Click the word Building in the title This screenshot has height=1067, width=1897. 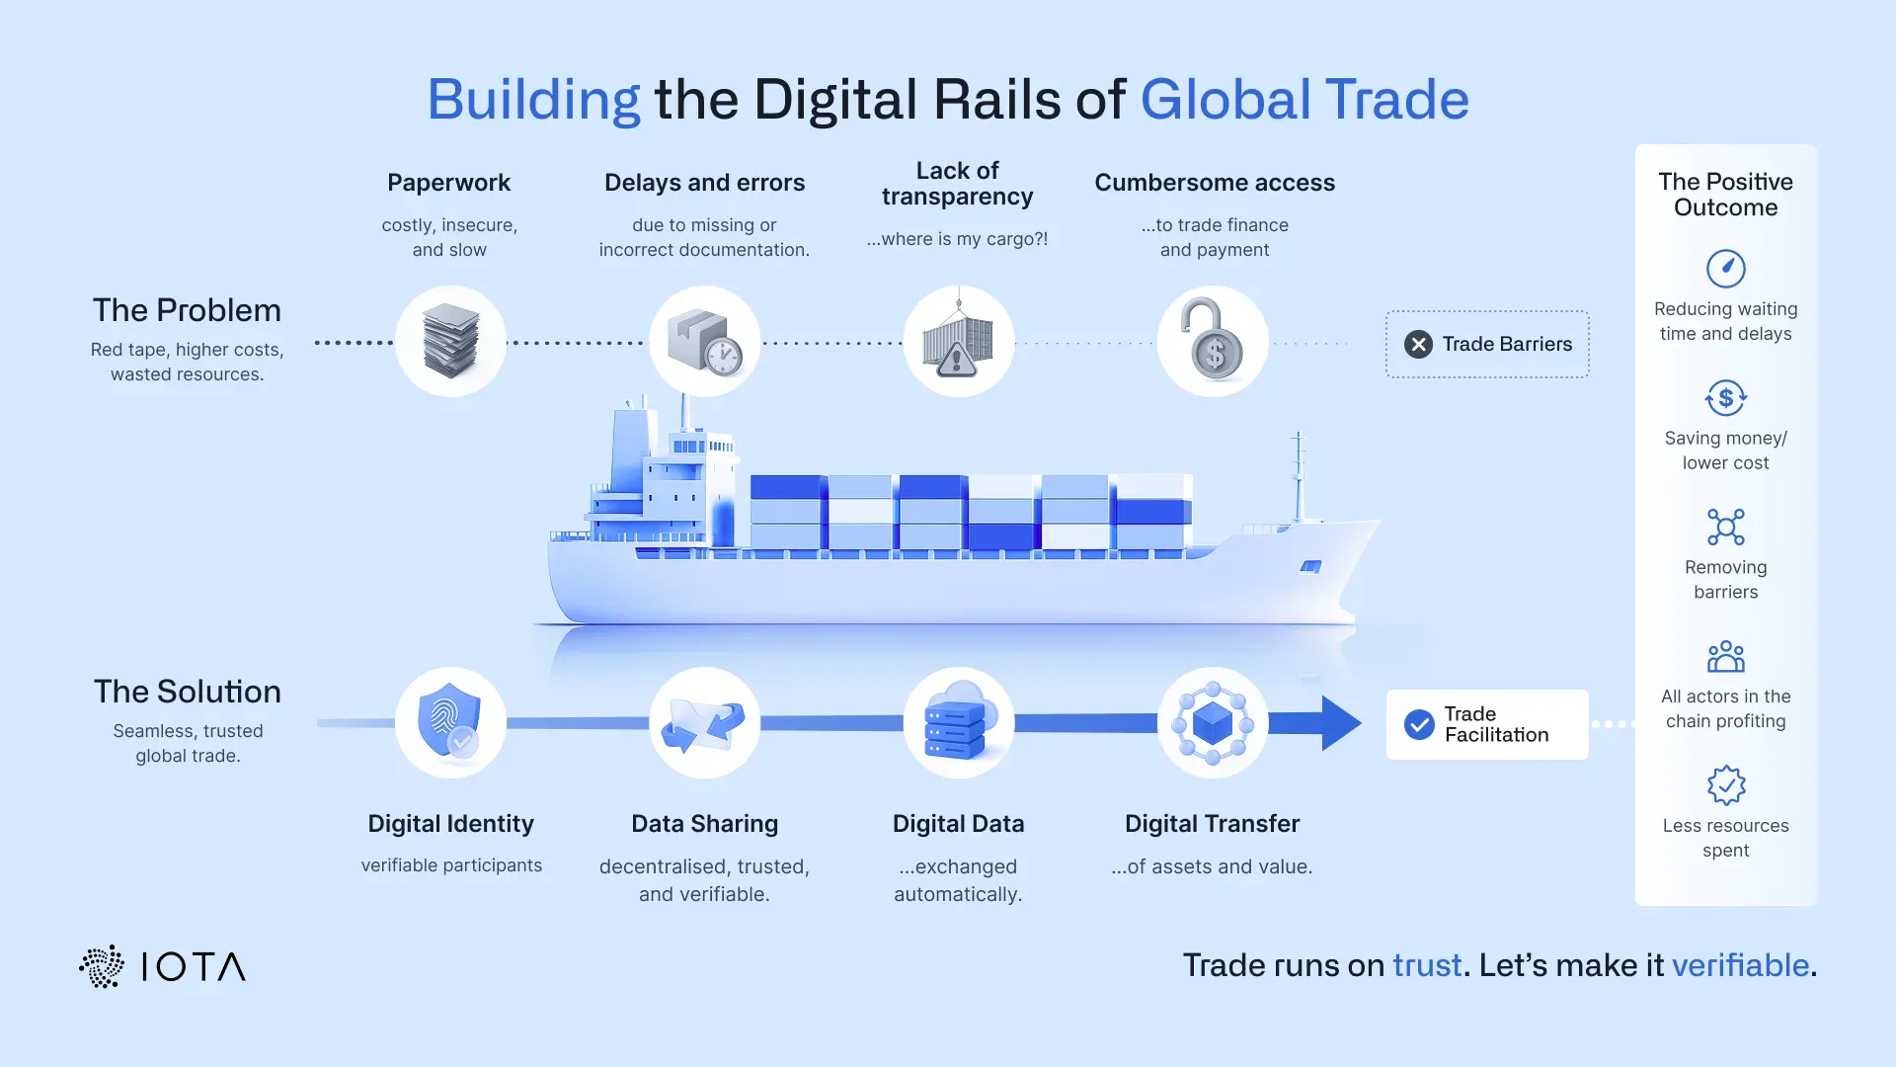[x=533, y=101]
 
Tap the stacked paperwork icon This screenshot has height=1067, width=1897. [x=450, y=341]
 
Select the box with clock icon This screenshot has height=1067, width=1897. [x=705, y=342]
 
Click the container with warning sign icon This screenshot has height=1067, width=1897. [x=958, y=337]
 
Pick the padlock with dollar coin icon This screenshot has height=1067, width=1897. [x=1214, y=340]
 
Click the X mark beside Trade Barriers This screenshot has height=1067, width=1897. [x=1418, y=344]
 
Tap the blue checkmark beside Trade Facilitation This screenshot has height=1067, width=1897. [x=1419, y=724]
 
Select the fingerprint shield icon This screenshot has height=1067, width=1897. [x=450, y=721]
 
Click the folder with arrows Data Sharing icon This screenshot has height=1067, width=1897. [x=703, y=725]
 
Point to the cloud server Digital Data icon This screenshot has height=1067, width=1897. [x=958, y=720]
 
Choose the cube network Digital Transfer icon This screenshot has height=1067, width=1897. [x=1213, y=723]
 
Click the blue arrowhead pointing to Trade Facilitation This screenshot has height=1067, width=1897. [x=1342, y=723]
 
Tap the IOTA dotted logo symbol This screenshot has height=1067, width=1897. [x=102, y=966]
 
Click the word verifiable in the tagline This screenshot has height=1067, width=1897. [x=1740, y=965]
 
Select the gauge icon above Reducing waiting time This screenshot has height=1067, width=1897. [x=1726, y=268]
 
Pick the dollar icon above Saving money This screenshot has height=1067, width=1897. [x=1726, y=398]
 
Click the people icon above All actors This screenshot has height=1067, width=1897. [x=1726, y=657]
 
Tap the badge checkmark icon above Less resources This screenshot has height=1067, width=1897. [x=1726, y=785]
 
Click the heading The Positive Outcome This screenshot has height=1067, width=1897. [x=1726, y=195]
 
